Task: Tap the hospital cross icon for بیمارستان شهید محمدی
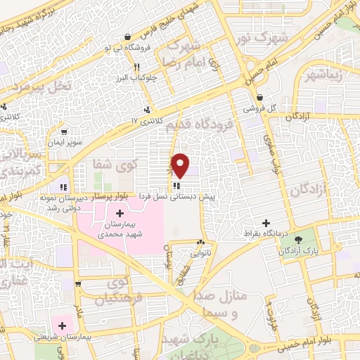[119, 212]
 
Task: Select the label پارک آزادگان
[312, 250]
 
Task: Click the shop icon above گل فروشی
[259, 98]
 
